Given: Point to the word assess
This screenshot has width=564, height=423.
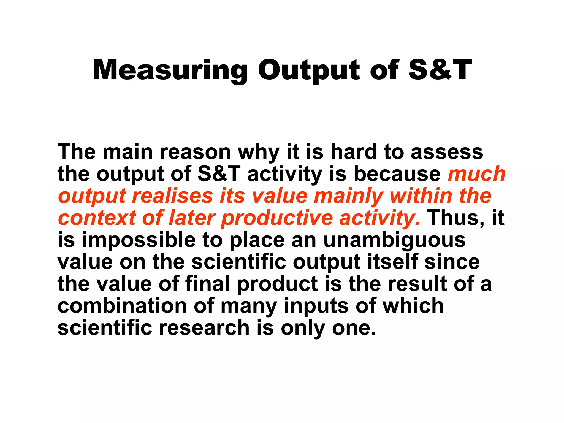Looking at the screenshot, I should (x=447, y=152).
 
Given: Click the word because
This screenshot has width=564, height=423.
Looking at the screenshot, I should (x=397, y=174).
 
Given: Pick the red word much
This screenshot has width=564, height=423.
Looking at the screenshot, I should (x=477, y=174).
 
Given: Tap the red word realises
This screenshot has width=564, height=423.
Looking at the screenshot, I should (x=173, y=196).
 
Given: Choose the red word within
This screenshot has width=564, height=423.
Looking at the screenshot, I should (x=421, y=196).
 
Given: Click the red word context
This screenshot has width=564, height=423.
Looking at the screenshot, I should (x=97, y=218).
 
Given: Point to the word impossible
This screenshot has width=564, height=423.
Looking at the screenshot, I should (x=139, y=240).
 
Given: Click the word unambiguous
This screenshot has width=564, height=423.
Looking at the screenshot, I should (x=394, y=240).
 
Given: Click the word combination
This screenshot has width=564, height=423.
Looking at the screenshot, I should (x=122, y=306).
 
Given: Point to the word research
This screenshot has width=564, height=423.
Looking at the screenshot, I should (x=204, y=328).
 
